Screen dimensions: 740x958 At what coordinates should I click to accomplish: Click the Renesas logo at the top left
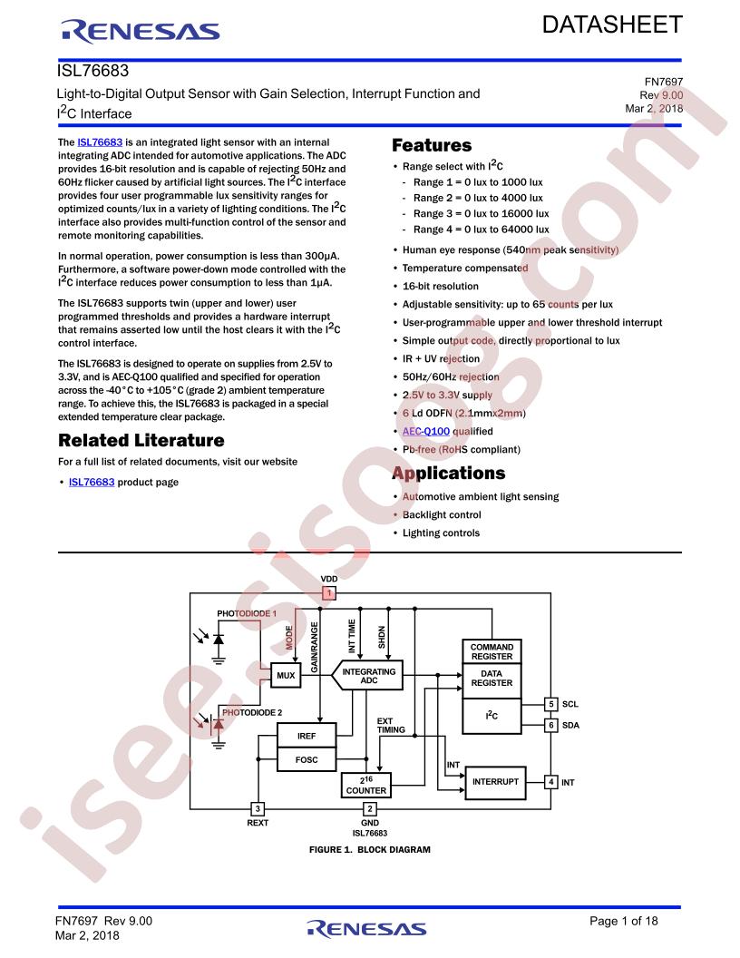[140, 31]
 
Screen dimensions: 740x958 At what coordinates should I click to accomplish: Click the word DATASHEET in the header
[612, 25]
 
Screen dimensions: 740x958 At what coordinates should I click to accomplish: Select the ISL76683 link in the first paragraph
[100, 142]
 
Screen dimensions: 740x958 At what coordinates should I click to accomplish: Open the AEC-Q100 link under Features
[425, 431]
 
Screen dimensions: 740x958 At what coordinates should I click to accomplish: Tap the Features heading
[432, 145]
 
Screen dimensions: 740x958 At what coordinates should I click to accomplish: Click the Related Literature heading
[141, 441]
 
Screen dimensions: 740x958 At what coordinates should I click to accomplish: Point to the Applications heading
[449, 474]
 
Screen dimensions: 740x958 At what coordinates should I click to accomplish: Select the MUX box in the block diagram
[286, 675]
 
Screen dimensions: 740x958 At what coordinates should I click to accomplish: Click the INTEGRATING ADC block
[367, 675]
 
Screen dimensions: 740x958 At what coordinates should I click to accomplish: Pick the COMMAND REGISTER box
[492, 651]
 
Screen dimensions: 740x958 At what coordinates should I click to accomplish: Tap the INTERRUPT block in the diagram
[495, 782]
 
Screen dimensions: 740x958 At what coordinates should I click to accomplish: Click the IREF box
[307, 736]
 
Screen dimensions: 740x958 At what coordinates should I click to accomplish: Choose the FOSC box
[307, 759]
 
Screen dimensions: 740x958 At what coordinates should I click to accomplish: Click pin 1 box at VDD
[329, 592]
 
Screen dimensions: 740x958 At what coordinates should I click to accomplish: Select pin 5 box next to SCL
[550, 704]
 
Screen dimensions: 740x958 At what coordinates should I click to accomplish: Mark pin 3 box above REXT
[258, 809]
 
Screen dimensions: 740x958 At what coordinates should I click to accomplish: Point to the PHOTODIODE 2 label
[252, 712]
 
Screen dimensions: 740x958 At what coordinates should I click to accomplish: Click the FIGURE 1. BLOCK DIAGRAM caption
[369, 850]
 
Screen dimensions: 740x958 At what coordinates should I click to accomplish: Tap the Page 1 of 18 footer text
[623, 922]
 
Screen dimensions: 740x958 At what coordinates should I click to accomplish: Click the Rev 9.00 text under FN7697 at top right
[661, 95]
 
